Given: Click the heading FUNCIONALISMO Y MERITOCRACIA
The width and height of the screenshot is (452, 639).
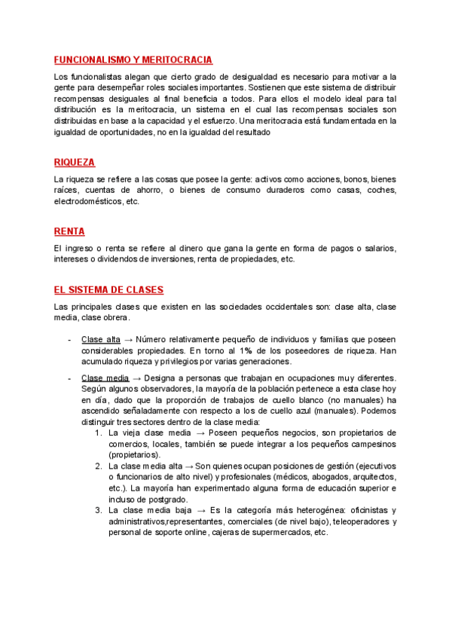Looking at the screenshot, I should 133,60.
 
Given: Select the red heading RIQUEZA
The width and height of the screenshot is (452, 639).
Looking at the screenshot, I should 75,163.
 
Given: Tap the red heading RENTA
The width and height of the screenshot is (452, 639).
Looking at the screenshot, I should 69,231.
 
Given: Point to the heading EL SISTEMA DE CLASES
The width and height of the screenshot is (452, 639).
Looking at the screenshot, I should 108,289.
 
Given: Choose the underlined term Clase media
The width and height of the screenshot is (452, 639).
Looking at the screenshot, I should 105,378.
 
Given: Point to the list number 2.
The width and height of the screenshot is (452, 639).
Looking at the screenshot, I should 99,466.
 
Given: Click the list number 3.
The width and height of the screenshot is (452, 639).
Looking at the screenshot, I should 99,510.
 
